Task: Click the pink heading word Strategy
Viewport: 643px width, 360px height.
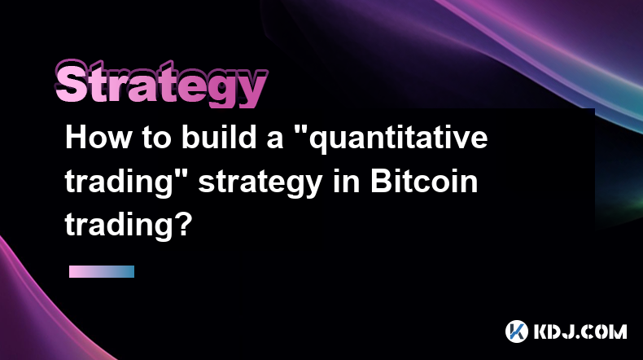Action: [161, 84]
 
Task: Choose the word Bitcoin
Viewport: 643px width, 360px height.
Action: [424, 181]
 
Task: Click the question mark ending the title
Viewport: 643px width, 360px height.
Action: [185, 224]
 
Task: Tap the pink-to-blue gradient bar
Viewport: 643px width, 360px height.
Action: [102, 272]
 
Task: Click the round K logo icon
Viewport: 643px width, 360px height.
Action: [516, 331]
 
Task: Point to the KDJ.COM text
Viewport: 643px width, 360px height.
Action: [580, 331]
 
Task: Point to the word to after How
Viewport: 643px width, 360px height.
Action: [156, 138]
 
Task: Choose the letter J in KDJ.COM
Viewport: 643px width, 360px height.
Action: [570, 331]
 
